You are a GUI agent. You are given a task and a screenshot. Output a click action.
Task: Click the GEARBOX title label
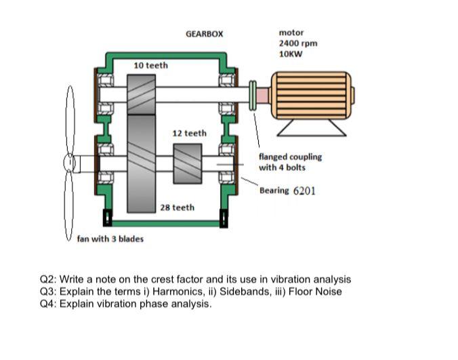[203, 33]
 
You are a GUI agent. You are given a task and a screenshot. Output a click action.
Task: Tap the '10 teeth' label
[150, 65]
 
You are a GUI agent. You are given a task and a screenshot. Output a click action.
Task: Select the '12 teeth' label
[190, 133]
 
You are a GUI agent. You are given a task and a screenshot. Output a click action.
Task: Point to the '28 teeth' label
[177, 207]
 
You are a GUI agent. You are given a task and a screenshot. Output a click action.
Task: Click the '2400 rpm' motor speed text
[297, 43]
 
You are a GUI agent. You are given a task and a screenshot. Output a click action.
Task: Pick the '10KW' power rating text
[291, 54]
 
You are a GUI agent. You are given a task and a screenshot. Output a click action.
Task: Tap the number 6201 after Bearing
[304, 191]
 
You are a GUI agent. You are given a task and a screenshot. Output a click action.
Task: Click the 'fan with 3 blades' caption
[110, 239]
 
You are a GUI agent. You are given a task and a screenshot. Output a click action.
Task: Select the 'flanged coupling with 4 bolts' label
[289, 161]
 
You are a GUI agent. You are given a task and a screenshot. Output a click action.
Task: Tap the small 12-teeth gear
[188, 163]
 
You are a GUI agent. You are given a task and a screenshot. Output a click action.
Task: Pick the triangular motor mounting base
[312, 127]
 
